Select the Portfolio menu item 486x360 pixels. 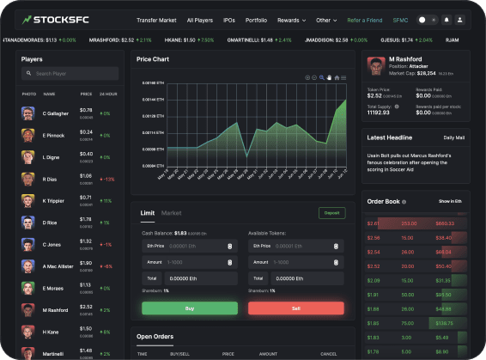(x=257, y=19)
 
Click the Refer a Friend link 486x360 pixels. (x=364, y=19)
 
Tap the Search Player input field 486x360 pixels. (x=73, y=74)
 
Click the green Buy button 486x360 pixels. (x=190, y=308)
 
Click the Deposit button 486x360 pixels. (x=331, y=212)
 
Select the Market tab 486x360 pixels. (x=172, y=212)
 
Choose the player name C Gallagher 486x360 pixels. (x=55, y=113)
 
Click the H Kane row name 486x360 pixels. (x=51, y=332)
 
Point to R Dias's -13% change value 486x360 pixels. (x=107, y=179)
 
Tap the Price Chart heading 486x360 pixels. (x=155, y=59)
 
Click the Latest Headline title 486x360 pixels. (x=389, y=137)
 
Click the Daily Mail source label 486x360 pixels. (x=454, y=137)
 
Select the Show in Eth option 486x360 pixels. (x=451, y=201)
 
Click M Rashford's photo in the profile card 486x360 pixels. (x=374, y=65)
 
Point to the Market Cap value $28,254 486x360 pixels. (x=420, y=74)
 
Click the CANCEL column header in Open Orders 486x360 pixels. (x=329, y=353)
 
